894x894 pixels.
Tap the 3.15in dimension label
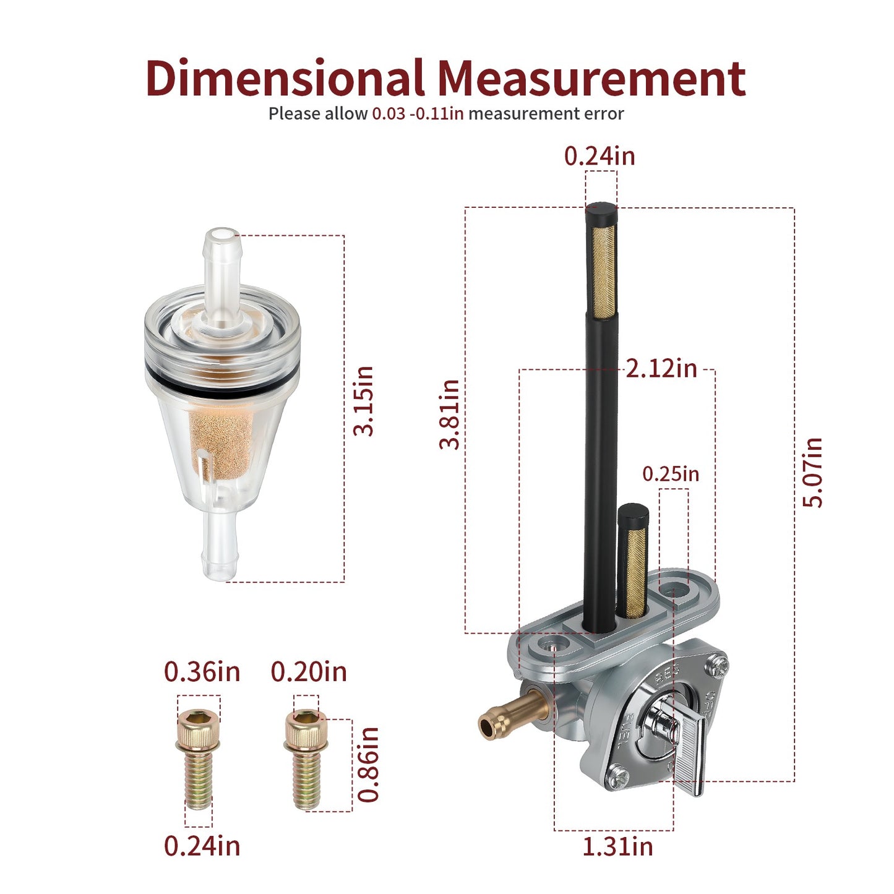click(363, 401)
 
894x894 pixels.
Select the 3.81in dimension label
click(449, 415)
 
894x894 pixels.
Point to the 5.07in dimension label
click(812, 472)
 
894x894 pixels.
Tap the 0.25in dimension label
click(671, 474)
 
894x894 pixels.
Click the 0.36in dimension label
click(202, 671)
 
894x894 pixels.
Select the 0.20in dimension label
click(309, 671)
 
